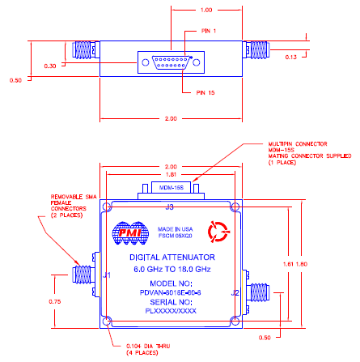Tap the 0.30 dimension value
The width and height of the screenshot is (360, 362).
pos(50,66)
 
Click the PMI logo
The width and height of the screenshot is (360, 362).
pos(127,233)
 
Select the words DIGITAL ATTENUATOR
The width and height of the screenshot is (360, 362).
pos(171,258)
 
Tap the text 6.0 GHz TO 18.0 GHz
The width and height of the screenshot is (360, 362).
pos(171,269)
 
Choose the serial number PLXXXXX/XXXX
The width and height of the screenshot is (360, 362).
pos(171,309)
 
